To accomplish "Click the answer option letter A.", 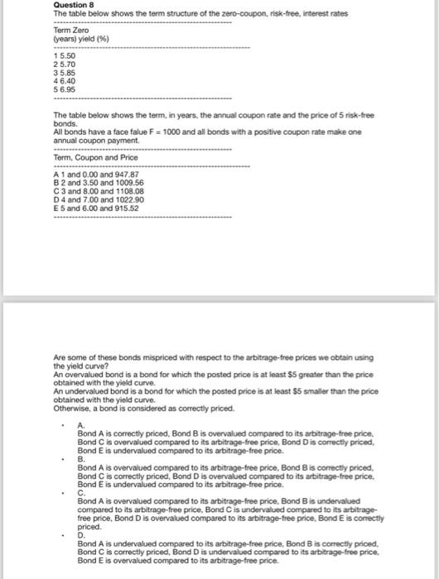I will (x=80, y=425).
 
